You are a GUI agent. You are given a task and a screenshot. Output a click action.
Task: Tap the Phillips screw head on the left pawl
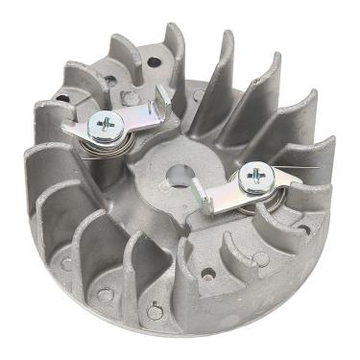pos(104,124)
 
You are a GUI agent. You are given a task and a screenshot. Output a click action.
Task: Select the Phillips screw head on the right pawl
pos(258,173)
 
